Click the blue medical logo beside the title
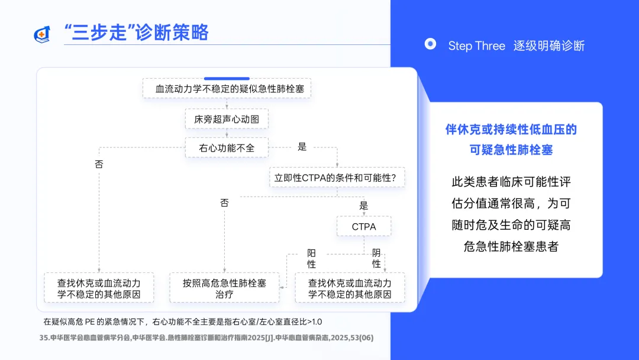click(42, 34)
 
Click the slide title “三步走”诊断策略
click(136, 33)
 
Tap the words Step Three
click(476, 46)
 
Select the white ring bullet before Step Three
click(431, 44)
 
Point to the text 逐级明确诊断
click(550, 46)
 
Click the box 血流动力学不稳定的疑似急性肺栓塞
click(227, 89)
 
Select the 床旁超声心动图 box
click(227, 119)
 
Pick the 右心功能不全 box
click(227, 147)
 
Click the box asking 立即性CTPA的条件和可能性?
click(337, 176)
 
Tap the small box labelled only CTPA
click(363, 226)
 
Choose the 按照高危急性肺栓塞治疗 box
click(225, 288)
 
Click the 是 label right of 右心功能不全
click(302, 147)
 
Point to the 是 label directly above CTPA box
click(363, 206)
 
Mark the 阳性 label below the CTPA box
click(312, 258)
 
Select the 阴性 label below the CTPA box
click(376, 258)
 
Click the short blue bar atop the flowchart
click(227, 78)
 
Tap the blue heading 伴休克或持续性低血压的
click(511, 129)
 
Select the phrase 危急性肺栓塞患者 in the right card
click(511, 246)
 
